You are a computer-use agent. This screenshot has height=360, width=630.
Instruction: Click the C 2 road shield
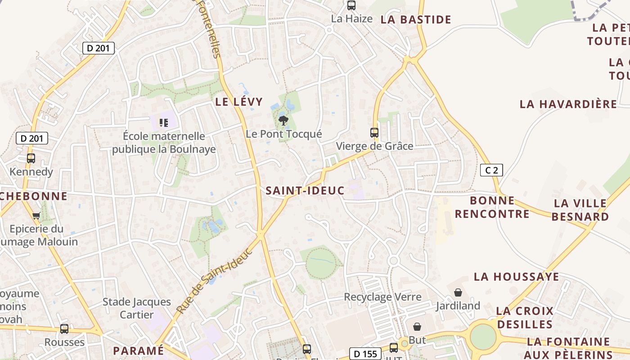[491, 170]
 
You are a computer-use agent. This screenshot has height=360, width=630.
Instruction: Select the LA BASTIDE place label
[415, 19]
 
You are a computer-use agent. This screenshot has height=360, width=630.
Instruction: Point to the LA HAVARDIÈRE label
[568, 104]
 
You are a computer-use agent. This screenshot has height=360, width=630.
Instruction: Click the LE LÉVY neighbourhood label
[238, 101]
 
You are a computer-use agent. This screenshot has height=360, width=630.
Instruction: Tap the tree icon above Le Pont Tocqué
[283, 120]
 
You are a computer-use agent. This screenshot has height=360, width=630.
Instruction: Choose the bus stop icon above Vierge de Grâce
[374, 132]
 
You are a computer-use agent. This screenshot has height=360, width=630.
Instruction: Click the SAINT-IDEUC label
[305, 190]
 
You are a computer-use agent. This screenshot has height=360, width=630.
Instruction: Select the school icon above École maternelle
[164, 122]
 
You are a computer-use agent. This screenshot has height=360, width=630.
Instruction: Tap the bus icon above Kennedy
[31, 158]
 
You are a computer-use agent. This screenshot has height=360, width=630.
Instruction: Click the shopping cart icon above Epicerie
[36, 216]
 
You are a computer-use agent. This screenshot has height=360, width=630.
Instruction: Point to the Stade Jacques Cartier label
[137, 308]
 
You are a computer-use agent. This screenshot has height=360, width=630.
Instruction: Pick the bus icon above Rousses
[64, 329]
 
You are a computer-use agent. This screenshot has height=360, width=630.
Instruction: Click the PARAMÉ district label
[138, 351]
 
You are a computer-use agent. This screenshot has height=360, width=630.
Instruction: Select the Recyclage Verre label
[382, 297]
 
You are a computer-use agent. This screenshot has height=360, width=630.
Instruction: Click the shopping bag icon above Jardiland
[458, 292]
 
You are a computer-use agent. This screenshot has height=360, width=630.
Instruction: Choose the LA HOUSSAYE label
[516, 276]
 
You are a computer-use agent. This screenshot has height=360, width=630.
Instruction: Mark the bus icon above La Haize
[351, 5]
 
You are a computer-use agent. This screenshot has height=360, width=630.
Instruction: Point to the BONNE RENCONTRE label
[492, 207]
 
